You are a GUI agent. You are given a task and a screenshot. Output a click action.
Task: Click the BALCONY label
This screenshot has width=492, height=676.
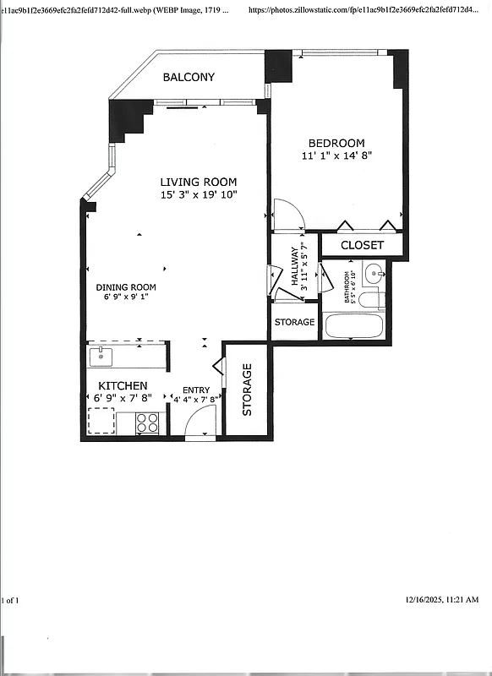(189, 77)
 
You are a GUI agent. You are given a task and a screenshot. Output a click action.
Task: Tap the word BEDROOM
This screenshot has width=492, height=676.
(336, 143)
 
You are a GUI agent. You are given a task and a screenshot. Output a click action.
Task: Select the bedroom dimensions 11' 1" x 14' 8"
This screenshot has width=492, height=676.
(336, 155)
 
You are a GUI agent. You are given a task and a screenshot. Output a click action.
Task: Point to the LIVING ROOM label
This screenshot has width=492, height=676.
(199, 182)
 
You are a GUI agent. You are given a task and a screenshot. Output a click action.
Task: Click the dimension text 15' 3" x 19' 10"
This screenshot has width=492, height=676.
(199, 195)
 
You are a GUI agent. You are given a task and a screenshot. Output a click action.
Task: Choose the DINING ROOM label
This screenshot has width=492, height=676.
(125, 287)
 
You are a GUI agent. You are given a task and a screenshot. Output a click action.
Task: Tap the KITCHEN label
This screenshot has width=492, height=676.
(122, 385)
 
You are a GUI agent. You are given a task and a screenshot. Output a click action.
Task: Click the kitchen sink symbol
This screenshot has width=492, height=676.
(101, 355)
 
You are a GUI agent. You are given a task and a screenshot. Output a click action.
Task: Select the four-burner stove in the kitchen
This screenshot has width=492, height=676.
(148, 422)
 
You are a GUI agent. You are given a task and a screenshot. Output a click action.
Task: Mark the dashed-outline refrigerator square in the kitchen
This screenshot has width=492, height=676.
(102, 420)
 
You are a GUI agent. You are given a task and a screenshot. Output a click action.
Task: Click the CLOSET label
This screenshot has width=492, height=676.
(362, 245)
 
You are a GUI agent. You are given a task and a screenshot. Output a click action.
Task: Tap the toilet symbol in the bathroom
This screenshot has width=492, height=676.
(370, 297)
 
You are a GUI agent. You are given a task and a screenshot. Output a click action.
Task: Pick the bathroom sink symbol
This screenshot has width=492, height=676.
(374, 272)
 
